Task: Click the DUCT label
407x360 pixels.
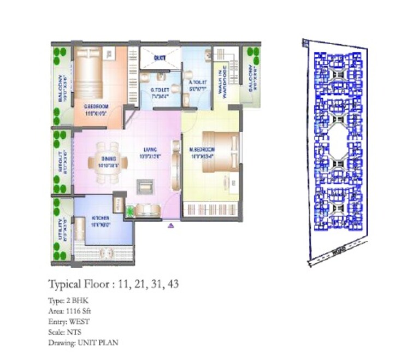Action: point(160,57)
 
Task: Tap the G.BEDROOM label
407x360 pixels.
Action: point(94,107)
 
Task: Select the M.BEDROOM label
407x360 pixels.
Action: point(202,149)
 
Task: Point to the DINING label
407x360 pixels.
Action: point(108,159)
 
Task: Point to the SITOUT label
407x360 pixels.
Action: point(61,162)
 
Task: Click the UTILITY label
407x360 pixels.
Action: point(61,230)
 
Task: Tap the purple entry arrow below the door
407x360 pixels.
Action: point(170,224)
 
